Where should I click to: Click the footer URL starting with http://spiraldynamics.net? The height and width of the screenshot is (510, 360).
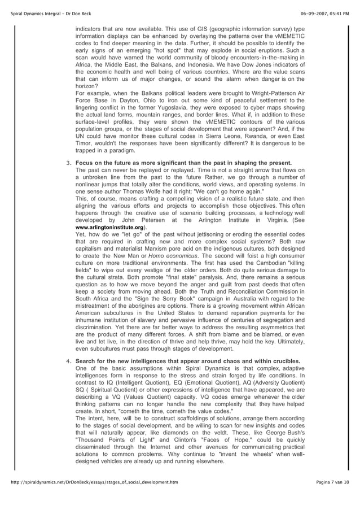100,498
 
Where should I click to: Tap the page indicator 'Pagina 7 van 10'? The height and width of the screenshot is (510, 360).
333,498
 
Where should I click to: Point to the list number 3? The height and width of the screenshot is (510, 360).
68,162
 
